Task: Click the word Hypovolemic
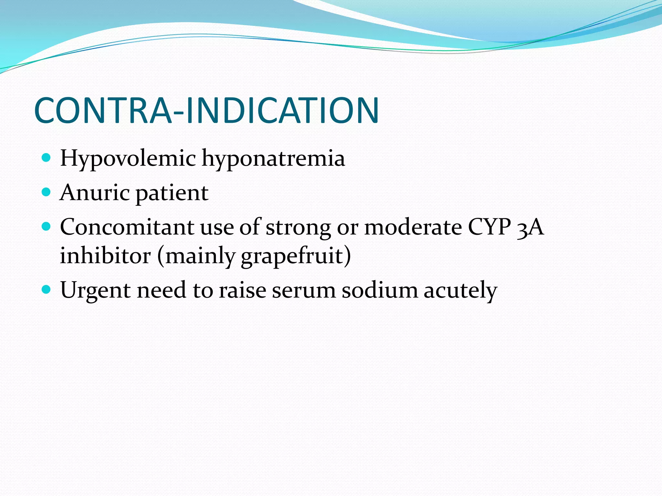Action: [x=128, y=159]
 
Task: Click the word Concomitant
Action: [x=127, y=227]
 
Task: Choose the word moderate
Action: [x=413, y=227]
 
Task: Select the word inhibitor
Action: [x=105, y=255]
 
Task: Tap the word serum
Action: [x=304, y=290]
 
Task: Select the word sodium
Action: [x=380, y=290]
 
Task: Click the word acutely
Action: [x=460, y=290]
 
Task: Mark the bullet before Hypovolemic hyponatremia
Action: [x=47, y=158]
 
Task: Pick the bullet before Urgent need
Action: [x=47, y=289]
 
